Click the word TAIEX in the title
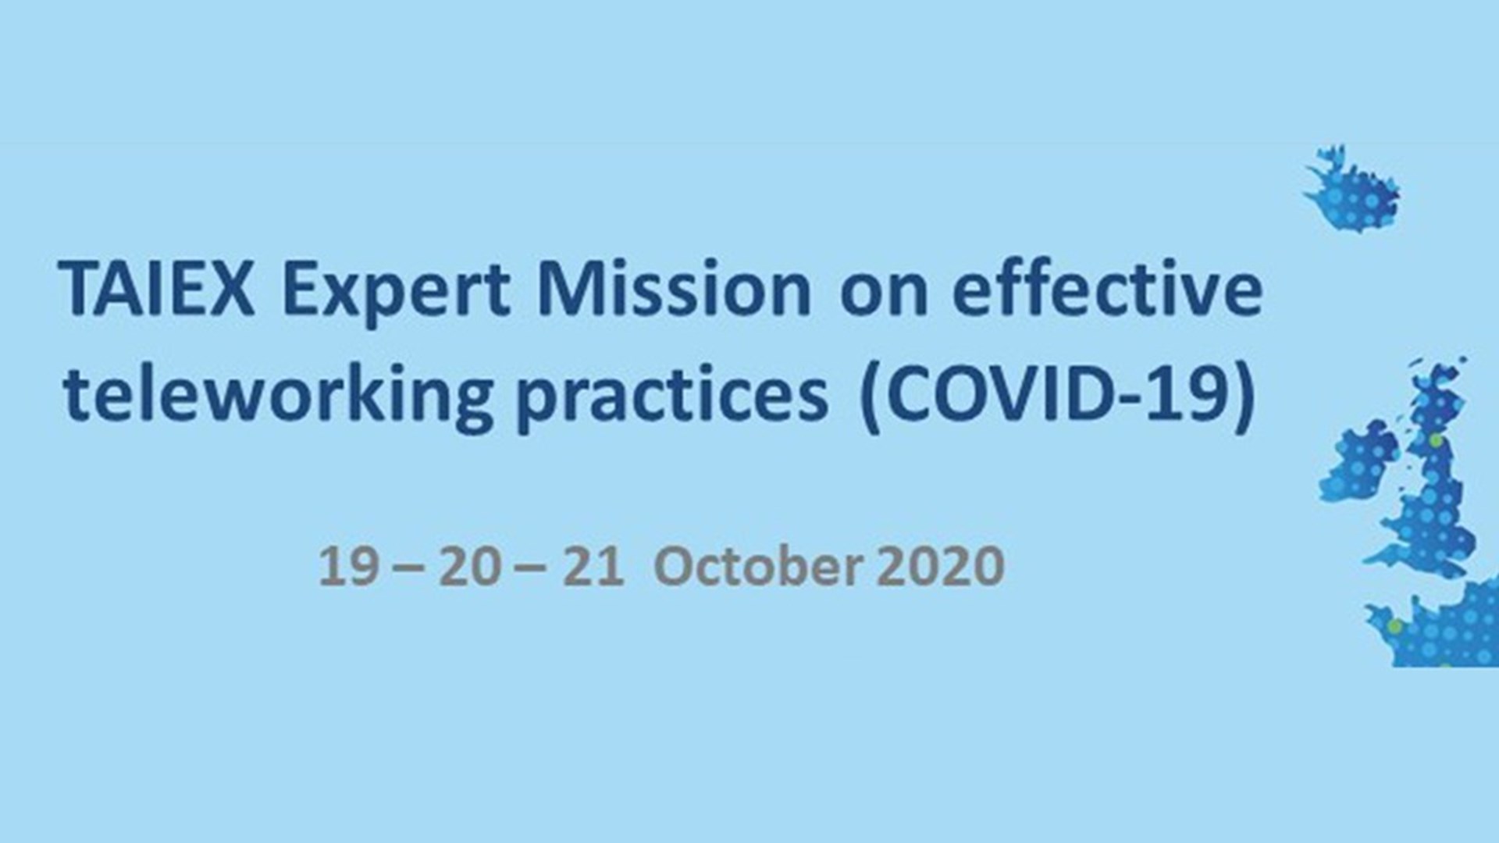click(x=156, y=290)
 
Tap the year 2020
click(x=940, y=567)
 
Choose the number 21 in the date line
click(x=593, y=567)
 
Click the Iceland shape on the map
click(x=1353, y=189)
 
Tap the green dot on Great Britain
click(x=1436, y=441)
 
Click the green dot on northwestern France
click(x=1394, y=626)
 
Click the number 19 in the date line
click(x=350, y=567)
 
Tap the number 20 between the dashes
click(x=469, y=567)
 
